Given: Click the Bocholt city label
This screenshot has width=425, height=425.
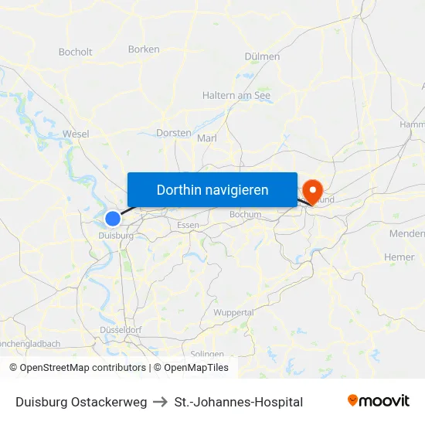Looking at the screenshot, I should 75,53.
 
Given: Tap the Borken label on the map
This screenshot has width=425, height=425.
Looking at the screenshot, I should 144,49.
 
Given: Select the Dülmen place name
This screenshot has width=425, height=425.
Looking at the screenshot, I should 262,56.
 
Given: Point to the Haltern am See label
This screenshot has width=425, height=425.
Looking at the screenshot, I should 236,96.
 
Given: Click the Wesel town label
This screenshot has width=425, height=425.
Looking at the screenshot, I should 76,134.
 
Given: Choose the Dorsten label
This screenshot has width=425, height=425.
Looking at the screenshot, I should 173,133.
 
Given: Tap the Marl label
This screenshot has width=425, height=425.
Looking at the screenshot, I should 207,138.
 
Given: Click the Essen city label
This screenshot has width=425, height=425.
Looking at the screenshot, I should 188,225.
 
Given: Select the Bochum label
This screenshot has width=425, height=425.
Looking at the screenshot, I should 246,214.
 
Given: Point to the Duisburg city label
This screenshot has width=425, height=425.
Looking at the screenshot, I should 116,235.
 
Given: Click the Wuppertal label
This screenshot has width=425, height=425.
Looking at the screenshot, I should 233,313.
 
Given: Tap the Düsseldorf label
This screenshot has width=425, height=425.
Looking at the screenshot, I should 121,330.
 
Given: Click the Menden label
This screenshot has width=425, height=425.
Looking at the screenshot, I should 407,233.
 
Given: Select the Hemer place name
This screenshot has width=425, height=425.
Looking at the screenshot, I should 399,257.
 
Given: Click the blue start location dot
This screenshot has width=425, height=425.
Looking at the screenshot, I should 113,219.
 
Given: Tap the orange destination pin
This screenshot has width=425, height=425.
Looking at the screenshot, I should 313,190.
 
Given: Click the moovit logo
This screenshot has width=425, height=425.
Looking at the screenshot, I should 379,401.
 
